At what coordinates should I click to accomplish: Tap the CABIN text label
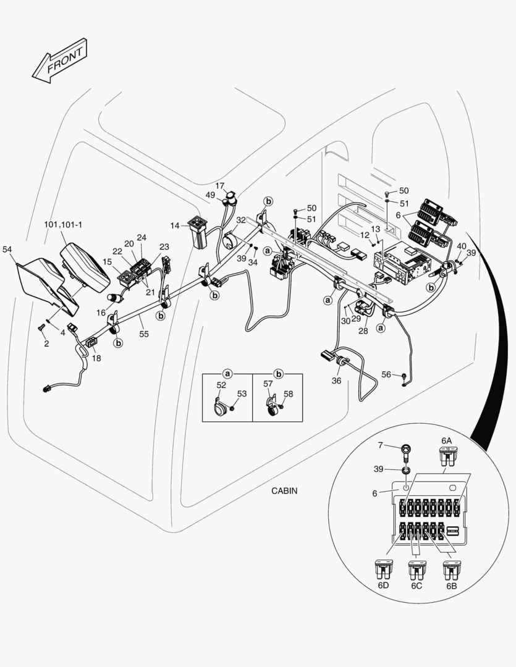pos(284,491)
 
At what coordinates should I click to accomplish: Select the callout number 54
pos(7,249)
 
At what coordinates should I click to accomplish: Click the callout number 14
pos(175,226)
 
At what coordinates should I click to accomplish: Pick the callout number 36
pos(336,381)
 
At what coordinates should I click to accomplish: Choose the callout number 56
pos(386,374)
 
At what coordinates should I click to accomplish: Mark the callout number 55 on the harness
pos(144,333)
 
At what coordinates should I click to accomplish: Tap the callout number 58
pos(288,393)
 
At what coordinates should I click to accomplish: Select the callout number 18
pos(96,358)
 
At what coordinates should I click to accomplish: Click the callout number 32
pos(241,219)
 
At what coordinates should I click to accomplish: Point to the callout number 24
pos(142,237)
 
